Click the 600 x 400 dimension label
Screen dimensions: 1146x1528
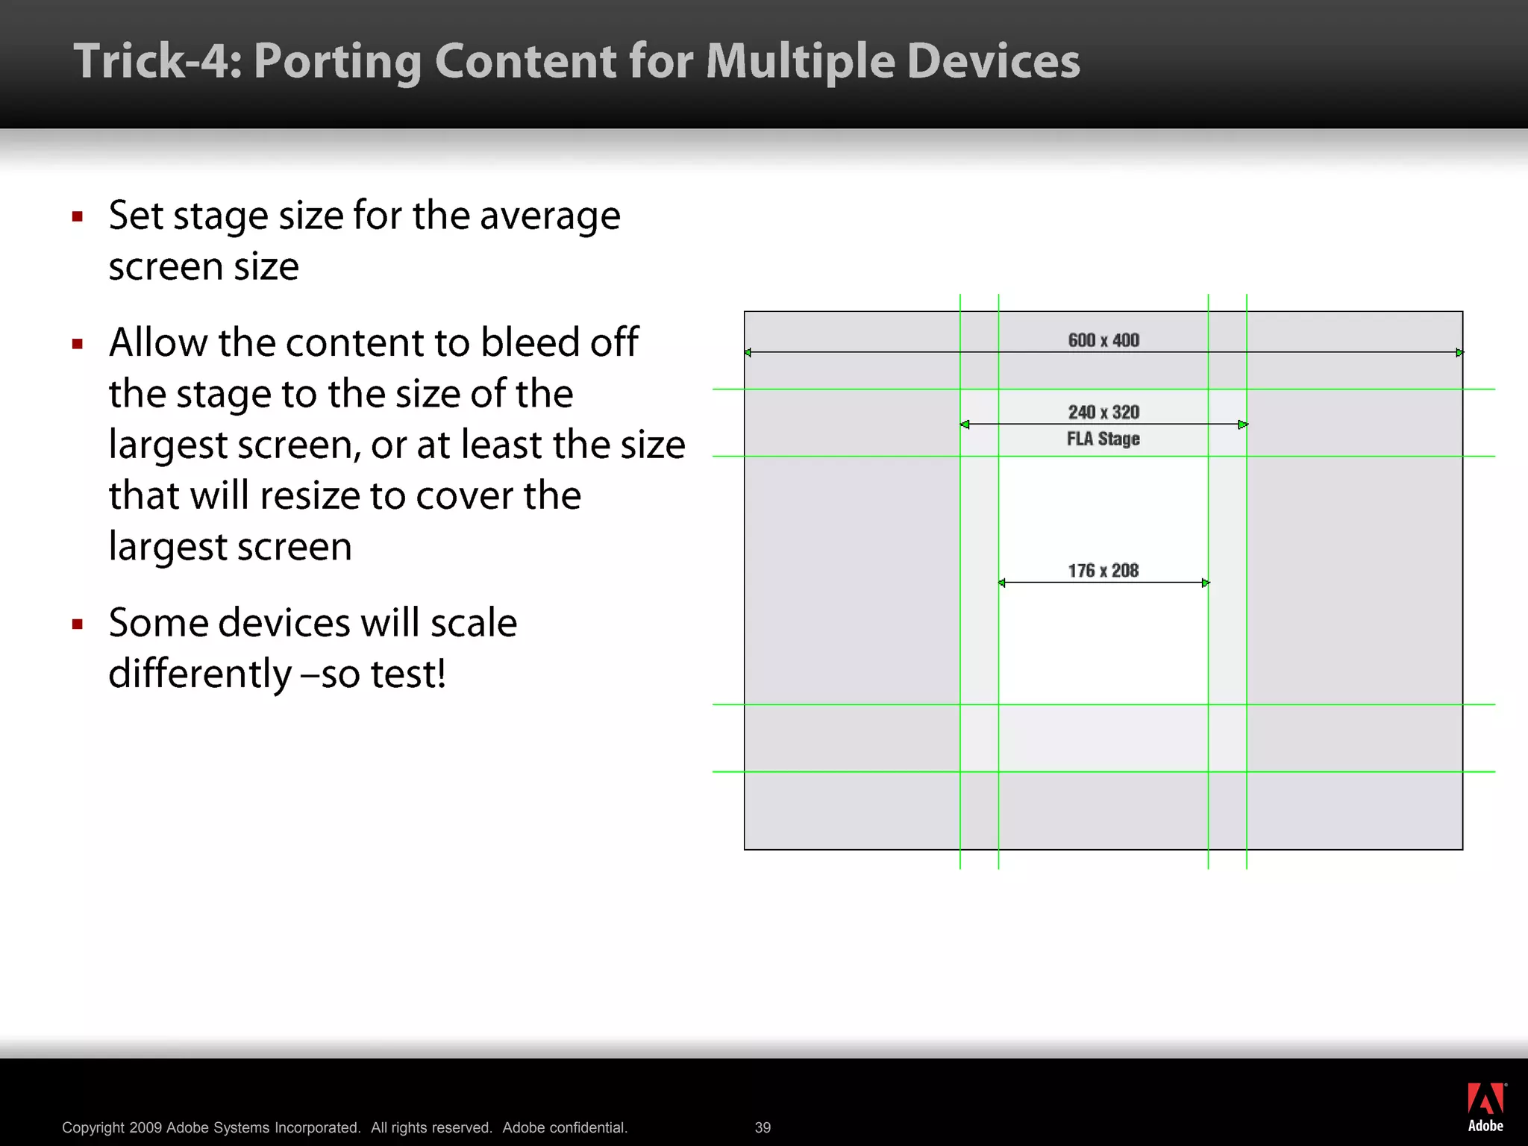tap(1103, 340)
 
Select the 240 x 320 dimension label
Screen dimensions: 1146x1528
tap(1103, 412)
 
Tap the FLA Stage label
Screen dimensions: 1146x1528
tap(1103, 439)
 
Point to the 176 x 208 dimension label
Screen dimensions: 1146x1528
tap(1103, 571)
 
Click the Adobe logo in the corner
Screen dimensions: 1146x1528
tap(1485, 1107)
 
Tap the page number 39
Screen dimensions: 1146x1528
tap(763, 1127)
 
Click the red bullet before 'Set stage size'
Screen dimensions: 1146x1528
tap(78, 217)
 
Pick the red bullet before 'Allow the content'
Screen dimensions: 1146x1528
tap(78, 344)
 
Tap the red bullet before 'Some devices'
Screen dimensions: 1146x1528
tap(78, 624)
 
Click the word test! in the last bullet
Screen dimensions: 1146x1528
tap(408, 674)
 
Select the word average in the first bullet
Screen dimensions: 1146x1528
tap(550, 216)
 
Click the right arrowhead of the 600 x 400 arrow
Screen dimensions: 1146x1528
tap(1459, 352)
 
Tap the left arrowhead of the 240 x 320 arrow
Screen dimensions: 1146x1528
tap(965, 425)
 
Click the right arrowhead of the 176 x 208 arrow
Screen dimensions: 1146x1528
tap(1206, 583)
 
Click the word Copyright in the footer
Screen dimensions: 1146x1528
tap(93, 1127)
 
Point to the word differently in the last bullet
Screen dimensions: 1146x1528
tap(199, 674)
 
